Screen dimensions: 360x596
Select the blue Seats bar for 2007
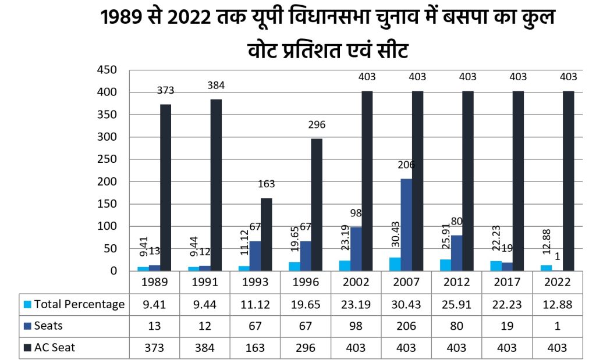click(x=406, y=224)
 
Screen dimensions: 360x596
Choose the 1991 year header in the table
click(x=204, y=283)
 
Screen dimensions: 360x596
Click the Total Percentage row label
click(x=79, y=304)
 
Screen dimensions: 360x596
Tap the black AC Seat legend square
click(x=27, y=348)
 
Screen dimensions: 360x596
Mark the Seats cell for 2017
click(x=506, y=326)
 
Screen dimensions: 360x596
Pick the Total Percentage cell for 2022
click(x=556, y=304)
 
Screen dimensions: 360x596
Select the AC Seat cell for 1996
click(x=305, y=348)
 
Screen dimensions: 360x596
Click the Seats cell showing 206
click(x=406, y=326)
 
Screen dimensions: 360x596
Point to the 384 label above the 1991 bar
click(x=216, y=85)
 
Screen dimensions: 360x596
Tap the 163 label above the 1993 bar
click(x=266, y=184)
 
